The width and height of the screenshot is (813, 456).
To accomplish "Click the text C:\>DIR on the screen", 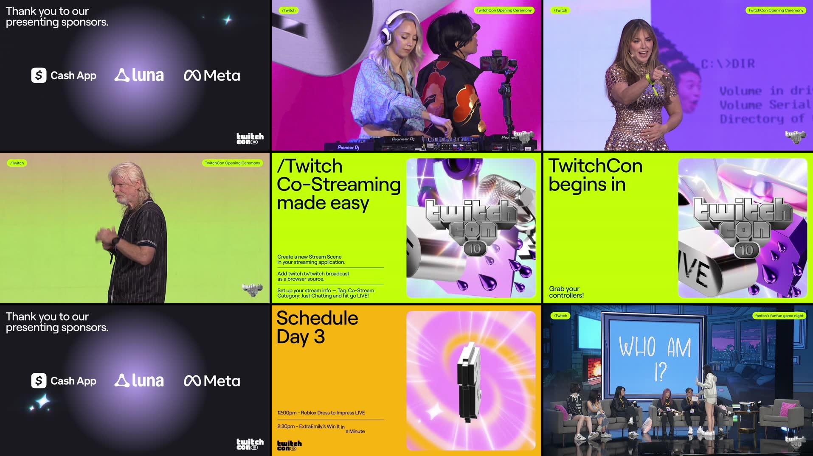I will (728, 64).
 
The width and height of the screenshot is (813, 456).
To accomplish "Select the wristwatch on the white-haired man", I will (116, 241).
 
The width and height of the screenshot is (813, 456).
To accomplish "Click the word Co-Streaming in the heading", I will (338, 185).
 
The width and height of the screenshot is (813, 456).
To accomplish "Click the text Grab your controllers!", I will (566, 292).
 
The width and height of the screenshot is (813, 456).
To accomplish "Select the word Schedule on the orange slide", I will (317, 318).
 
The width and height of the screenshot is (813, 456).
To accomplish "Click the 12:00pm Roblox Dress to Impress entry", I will (321, 413).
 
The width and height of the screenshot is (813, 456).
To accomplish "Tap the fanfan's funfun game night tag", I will (779, 316).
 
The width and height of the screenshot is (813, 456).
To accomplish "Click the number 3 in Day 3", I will (319, 337).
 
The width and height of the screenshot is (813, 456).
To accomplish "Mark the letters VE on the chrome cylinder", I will (695, 271).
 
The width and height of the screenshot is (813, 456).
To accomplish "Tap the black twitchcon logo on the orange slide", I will (289, 445).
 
